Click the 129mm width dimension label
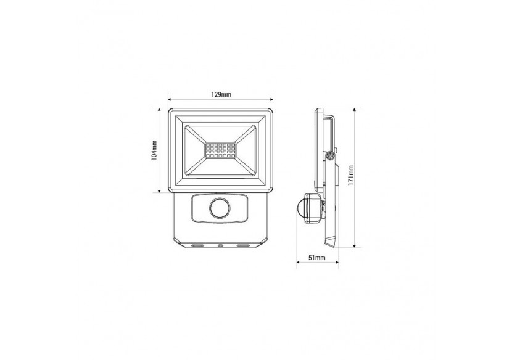(x=221, y=94)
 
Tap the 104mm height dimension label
(x=155, y=150)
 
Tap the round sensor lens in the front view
(x=220, y=209)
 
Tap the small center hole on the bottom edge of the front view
(x=221, y=245)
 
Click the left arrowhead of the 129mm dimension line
(x=170, y=100)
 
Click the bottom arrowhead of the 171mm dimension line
(x=355, y=246)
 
